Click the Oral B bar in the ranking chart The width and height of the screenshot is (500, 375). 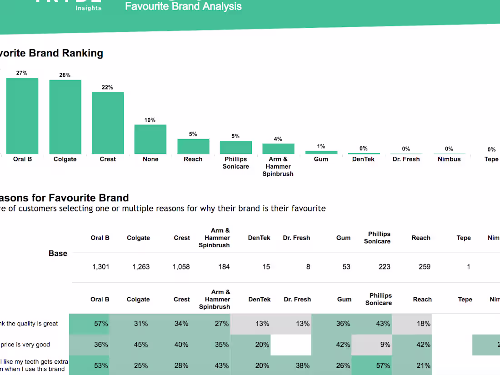22,116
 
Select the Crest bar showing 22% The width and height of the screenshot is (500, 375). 108,123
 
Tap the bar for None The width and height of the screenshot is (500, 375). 150,140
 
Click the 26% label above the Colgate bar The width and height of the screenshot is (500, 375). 65,75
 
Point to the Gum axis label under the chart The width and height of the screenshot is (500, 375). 321,159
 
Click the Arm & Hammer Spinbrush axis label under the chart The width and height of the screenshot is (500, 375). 278,166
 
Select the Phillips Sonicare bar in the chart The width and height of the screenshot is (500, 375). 235,147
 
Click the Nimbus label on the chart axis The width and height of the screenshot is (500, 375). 449,159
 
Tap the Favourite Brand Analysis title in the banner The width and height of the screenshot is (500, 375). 183,6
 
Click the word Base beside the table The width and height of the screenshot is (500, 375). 58,253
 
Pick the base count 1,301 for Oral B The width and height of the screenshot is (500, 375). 100,267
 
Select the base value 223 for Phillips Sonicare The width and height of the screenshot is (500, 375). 384,267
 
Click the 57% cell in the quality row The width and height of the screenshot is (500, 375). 101,324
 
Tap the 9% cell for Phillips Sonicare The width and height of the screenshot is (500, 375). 385,345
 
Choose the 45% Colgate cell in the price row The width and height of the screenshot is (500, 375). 141,345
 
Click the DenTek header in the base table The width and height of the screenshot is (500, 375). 259,238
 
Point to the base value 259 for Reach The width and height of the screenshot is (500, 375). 424,267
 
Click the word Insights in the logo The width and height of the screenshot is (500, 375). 88,8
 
